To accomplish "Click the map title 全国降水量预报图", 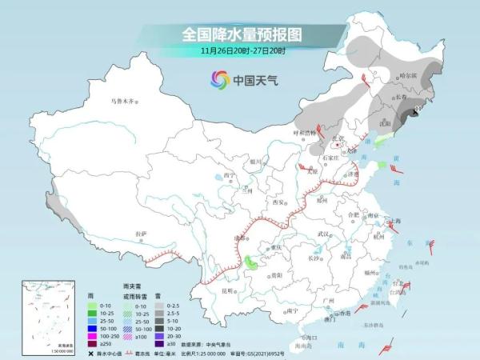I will coord(239,34).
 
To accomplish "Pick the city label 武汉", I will coord(323,234).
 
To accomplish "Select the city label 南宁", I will coord(291,310).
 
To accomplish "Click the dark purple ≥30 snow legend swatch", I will coord(160,344).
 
